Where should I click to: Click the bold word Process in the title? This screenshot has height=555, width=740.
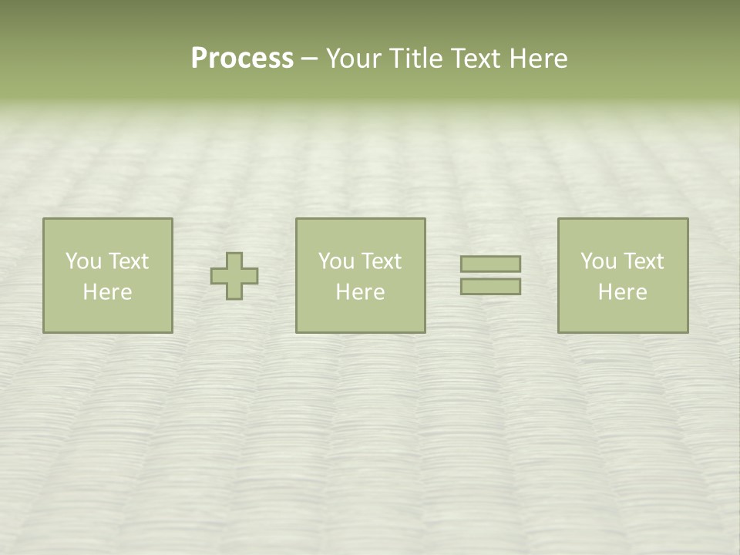pos(242,59)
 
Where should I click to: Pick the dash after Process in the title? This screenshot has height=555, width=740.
pos(309,59)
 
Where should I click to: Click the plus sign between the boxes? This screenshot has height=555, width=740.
pos(234,275)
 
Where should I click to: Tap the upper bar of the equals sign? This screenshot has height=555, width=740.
pos(490,264)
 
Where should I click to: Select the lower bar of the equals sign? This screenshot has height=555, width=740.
pos(490,286)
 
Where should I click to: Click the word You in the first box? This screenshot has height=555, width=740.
pos(83,261)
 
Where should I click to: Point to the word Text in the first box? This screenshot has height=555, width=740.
pos(128,261)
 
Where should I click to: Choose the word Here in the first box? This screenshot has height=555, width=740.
pos(107,292)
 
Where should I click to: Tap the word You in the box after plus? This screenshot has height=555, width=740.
pos(336,261)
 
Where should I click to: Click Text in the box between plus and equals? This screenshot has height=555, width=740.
pos(381,261)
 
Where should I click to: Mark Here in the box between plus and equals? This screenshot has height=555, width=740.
pos(360,292)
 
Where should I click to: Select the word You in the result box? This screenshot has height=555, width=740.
pos(598,261)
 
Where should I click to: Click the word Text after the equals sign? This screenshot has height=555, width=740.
pos(643,261)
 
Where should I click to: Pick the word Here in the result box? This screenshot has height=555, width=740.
pos(622,292)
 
